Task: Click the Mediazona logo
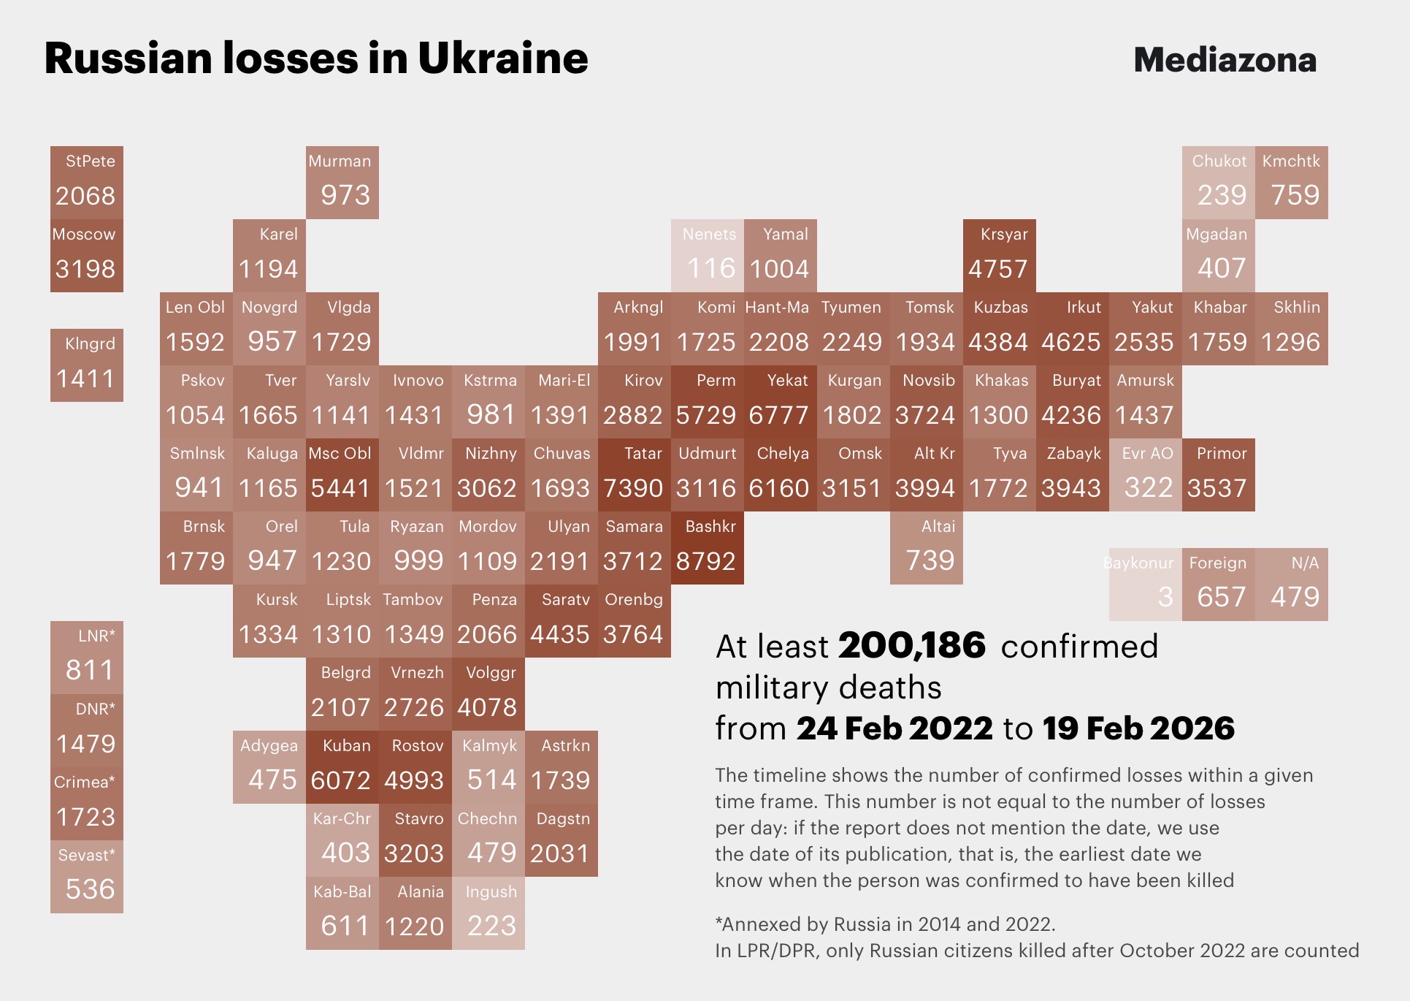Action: coord(1225,60)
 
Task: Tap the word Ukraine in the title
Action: coord(502,58)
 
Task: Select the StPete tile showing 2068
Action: coord(87,183)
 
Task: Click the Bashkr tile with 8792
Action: coord(708,548)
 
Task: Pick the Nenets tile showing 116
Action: coord(708,256)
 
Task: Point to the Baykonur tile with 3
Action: coord(1145,585)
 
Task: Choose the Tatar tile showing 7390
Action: coord(635,475)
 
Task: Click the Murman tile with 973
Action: coord(342,183)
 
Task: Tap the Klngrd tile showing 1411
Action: coord(87,365)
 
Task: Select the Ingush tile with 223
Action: coord(488,913)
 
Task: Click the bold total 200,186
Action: coord(912,646)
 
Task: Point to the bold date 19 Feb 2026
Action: coord(1138,728)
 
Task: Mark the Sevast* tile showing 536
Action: coord(87,877)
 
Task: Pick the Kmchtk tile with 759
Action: coord(1292,183)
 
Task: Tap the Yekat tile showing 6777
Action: coord(781,402)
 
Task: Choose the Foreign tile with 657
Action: coord(1219,585)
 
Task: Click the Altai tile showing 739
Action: coord(927,548)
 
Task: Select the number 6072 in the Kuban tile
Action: coord(340,780)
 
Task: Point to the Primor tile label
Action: coord(1222,453)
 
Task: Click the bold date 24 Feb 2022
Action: coord(894,728)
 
